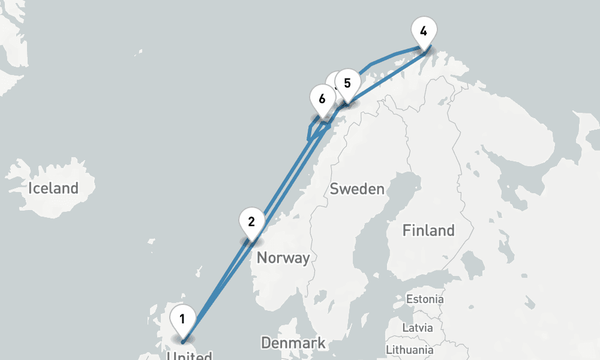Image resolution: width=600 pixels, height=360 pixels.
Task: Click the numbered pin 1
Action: [182, 321]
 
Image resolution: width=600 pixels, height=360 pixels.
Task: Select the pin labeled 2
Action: [251, 223]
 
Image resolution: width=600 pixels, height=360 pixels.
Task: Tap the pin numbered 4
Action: [424, 32]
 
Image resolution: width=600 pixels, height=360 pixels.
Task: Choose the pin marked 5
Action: [347, 85]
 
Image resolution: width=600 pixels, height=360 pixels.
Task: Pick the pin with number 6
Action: [322, 100]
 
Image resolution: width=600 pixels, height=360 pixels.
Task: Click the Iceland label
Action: [53, 188]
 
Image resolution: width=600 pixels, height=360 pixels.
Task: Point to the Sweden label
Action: [357, 189]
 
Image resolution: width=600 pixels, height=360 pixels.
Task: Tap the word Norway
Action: [283, 258]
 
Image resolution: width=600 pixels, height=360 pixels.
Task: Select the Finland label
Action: [428, 230]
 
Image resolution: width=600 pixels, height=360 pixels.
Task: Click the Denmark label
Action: [293, 343]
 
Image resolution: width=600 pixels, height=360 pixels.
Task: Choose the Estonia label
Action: [425, 299]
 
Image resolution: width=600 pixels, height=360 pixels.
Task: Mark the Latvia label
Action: [418, 328]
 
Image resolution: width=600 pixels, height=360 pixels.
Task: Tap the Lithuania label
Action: [410, 349]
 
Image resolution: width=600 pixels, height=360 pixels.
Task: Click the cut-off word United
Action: [189, 356]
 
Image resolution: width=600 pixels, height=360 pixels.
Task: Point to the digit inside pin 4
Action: [424, 31]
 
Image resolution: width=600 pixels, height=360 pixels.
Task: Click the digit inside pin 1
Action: [182, 319]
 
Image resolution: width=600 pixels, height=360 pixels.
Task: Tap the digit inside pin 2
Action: [251, 221]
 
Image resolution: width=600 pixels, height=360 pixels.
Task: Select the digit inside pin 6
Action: [322, 98]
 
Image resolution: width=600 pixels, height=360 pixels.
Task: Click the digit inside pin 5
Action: [347, 83]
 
